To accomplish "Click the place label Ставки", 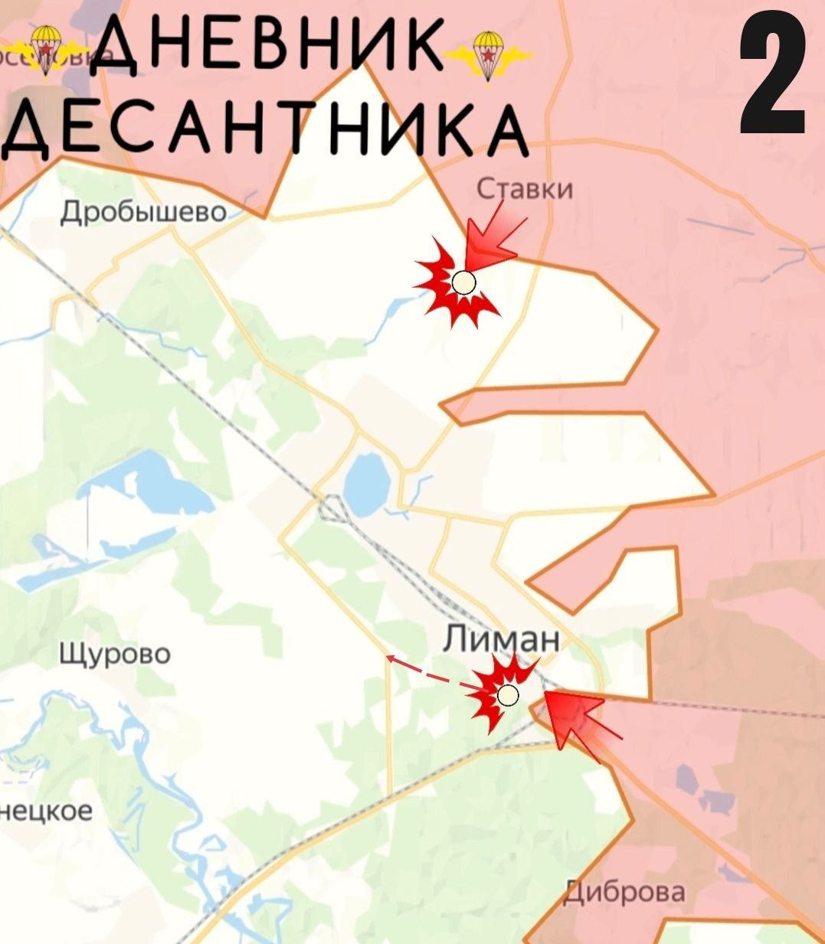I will (x=525, y=188).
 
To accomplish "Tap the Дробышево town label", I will (x=144, y=211).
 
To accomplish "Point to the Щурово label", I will (x=115, y=654).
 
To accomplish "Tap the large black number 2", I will (x=773, y=77).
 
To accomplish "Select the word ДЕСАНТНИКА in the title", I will (x=264, y=130).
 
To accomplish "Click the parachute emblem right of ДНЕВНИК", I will (x=488, y=54).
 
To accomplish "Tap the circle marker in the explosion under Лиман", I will (x=507, y=695).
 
